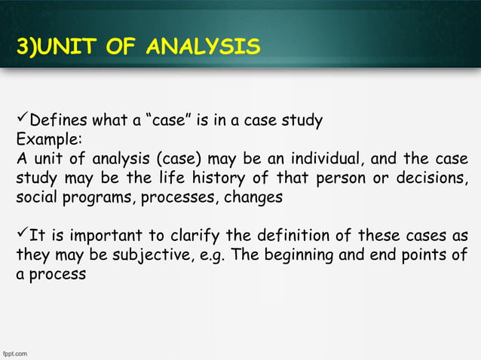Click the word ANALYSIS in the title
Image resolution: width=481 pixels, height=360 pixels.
(x=204, y=48)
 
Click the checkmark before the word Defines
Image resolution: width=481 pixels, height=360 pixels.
(x=22, y=120)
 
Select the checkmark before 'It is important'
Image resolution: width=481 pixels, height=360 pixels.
(x=22, y=235)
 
